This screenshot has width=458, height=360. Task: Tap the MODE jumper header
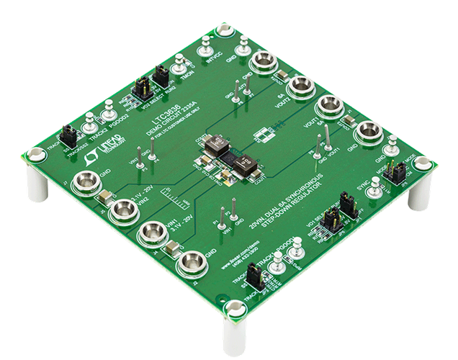tap(394, 173)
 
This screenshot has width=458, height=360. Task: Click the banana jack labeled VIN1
tap(153, 233)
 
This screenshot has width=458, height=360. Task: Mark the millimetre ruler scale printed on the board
tap(168, 194)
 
